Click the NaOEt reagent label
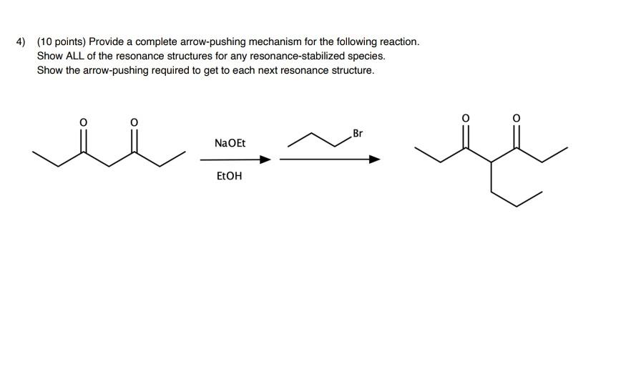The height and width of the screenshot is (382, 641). [x=230, y=143]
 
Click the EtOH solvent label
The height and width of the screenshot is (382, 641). [x=229, y=175]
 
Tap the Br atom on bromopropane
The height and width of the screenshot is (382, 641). [x=358, y=133]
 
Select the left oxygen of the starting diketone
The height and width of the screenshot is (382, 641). [x=83, y=123]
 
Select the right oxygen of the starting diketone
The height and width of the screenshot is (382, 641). [x=133, y=123]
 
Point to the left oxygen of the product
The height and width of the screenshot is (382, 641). [x=466, y=117]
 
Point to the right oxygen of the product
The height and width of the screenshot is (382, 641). [x=517, y=117]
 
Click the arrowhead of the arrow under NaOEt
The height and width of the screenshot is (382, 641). [x=266, y=160]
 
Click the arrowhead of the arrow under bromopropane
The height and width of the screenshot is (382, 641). [x=374, y=160]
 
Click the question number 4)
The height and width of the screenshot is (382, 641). [x=21, y=41]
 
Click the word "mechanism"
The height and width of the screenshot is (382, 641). [x=275, y=41]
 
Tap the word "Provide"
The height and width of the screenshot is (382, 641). [x=107, y=41]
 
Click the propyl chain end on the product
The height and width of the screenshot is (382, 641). [x=542, y=192]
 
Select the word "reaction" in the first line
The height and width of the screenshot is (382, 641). [x=396, y=41]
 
